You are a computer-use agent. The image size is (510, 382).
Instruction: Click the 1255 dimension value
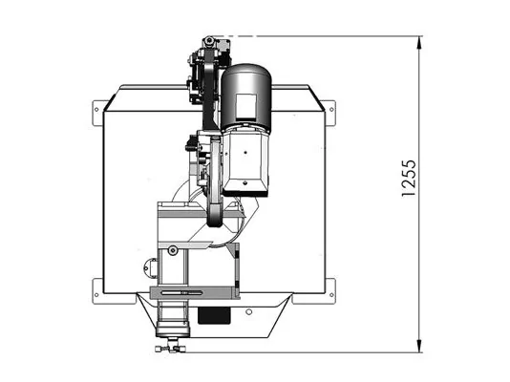[409, 179]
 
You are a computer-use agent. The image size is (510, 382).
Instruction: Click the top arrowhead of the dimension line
[419, 42]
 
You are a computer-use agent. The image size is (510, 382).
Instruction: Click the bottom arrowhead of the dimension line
[419, 346]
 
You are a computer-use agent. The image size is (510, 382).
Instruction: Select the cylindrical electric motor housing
[246, 95]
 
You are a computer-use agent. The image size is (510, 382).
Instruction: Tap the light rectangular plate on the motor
[245, 106]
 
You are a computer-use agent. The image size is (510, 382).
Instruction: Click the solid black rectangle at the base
[214, 316]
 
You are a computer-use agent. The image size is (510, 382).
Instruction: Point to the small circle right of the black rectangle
[249, 312]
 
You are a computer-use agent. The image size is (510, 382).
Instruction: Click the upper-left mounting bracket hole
[96, 109]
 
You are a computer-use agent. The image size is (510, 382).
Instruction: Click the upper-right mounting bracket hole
[331, 109]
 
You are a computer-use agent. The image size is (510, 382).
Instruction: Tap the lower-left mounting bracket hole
[96, 295]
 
